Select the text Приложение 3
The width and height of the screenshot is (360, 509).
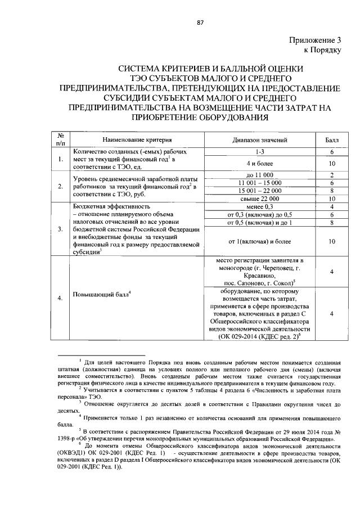coord(315,40)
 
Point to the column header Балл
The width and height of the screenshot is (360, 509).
coord(332,139)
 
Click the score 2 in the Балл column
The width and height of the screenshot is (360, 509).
coord(332,175)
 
